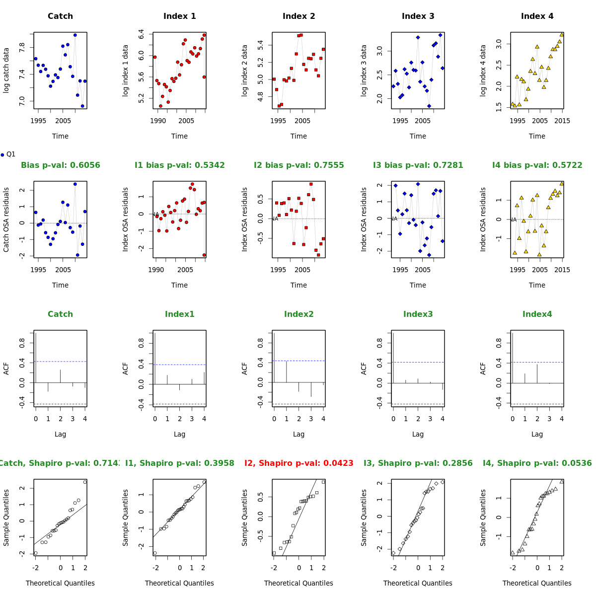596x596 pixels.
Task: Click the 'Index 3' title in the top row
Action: (418, 16)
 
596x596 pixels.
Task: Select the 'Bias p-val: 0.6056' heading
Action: (60, 165)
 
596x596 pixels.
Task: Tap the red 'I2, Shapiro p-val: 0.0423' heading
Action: (298, 463)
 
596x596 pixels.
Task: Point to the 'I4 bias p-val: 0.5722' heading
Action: (537, 165)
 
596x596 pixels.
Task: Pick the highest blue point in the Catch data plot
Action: (75, 35)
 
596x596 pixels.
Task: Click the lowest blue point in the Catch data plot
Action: (82, 106)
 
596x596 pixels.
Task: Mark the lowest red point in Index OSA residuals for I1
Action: (204, 255)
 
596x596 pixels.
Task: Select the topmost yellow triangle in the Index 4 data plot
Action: (562, 35)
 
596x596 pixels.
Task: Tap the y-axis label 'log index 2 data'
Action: (245, 71)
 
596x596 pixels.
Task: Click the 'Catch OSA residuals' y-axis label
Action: (6, 220)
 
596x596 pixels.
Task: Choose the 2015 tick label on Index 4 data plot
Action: (562, 121)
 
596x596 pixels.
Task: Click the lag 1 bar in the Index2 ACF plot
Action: (287, 372)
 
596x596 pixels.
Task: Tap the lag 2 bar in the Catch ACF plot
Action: (61, 376)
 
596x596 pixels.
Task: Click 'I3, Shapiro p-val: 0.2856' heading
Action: (418, 463)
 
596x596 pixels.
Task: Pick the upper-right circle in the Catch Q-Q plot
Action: (85, 482)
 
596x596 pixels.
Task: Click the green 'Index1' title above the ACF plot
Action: (179, 314)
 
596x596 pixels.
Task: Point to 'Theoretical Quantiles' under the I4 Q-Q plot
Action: (537, 583)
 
